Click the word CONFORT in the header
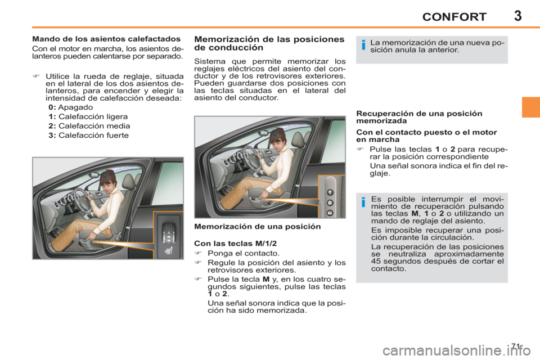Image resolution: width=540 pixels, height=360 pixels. tap(454, 17)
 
